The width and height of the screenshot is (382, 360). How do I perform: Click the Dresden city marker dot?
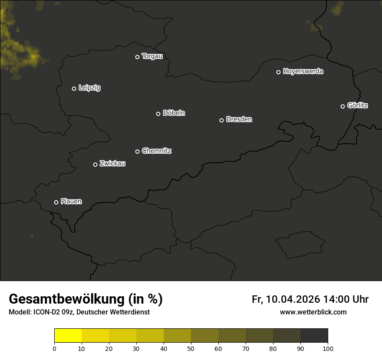tap(221, 120)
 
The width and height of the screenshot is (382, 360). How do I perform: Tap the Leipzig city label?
tap(89, 88)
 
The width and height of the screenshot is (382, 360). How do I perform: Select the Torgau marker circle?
tap(137, 57)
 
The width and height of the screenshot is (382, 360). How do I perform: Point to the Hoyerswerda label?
tap(303, 72)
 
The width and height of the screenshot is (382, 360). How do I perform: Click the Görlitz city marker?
tap(342, 106)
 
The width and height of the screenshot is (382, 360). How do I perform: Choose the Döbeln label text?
tap(174, 113)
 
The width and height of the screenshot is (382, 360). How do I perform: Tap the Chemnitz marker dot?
tap(137, 151)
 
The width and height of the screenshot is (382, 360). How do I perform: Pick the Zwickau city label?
tap(112, 164)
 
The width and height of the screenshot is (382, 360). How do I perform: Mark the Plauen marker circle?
tap(56, 202)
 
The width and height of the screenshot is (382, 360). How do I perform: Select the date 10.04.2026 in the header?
tap(293, 300)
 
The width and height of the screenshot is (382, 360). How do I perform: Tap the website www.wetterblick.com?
tap(313, 312)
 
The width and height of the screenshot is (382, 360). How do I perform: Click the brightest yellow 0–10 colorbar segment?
tap(68, 336)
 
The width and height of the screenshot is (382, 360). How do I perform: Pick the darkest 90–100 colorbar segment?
tap(314, 336)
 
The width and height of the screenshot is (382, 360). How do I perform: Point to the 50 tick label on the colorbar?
tap(191, 348)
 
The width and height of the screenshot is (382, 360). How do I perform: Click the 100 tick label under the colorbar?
tap(328, 348)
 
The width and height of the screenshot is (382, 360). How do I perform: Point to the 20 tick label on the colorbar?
tap(109, 348)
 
